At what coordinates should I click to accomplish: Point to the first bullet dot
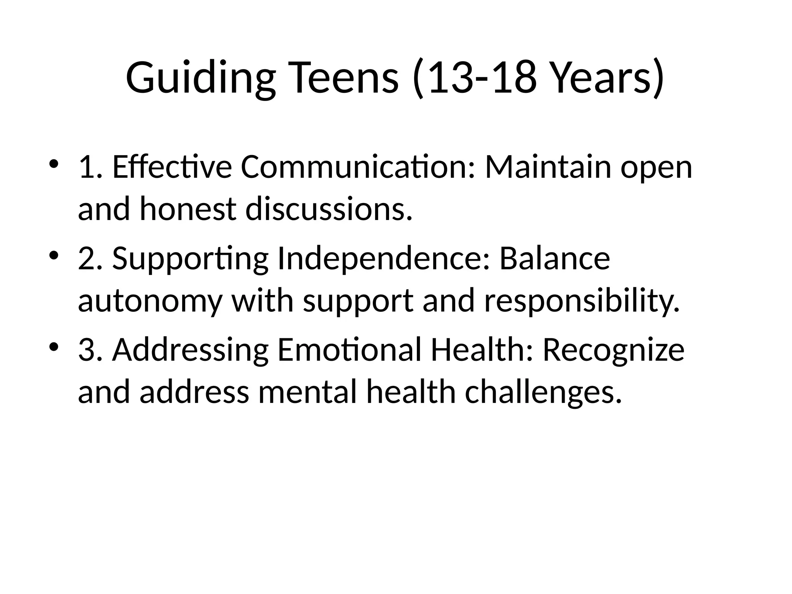pyautogui.click(x=54, y=164)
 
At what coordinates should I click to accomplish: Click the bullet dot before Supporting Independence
pyautogui.click(x=54, y=255)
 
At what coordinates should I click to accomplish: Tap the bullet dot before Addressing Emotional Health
pyautogui.click(x=54, y=346)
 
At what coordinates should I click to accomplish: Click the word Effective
pyautogui.click(x=172, y=167)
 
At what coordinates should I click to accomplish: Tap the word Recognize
pyautogui.click(x=613, y=350)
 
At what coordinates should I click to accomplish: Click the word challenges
pyautogui.click(x=543, y=392)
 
